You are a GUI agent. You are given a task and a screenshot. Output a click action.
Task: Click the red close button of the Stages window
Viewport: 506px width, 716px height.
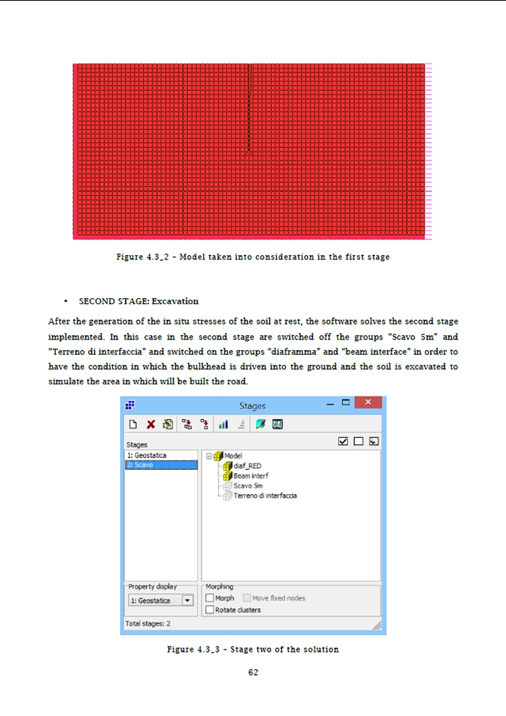click(369, 403)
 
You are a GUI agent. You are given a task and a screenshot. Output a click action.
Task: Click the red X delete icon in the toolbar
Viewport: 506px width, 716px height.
click(150, 424)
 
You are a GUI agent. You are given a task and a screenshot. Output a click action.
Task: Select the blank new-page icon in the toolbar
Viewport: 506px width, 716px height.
click(134, 424)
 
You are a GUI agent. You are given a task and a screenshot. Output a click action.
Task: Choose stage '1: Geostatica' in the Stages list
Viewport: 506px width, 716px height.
click(147, 456)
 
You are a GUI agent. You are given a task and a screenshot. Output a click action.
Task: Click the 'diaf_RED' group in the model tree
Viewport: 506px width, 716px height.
click(247, 466)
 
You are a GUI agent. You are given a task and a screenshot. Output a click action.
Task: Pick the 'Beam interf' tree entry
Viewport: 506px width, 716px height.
click(250, 476)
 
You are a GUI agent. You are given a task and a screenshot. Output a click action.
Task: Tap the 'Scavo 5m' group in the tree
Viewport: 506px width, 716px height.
click(248, 486)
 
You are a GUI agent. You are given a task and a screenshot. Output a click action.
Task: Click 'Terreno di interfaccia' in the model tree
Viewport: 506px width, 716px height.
click(265, 496)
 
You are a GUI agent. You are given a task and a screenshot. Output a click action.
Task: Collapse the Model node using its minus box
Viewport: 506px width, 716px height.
click(210, 456)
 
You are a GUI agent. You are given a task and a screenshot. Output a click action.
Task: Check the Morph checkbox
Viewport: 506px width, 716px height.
click(210, 598)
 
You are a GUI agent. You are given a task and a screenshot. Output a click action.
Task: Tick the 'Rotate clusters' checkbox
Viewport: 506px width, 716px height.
click(210, 610)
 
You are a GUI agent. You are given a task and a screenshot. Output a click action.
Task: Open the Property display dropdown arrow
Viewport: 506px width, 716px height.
click(187, 600)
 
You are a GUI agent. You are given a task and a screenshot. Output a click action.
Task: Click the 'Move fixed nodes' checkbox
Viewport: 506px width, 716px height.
click(246, 598)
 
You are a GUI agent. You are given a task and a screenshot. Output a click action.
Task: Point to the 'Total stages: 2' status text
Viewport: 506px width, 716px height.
click(148, 623)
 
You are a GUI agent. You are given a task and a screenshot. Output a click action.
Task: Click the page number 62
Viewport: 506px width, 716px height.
click(253, 673)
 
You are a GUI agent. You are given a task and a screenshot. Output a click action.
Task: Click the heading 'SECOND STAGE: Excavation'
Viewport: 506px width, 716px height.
click(139, 301)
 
